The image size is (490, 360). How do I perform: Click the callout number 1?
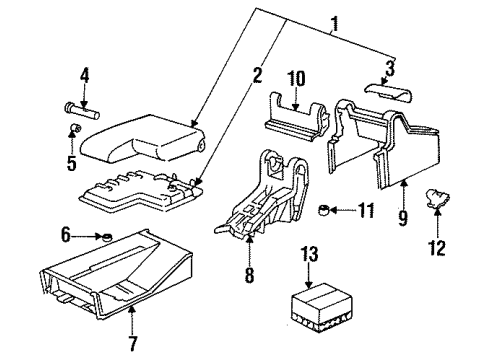(334, 23)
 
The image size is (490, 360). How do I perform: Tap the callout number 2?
(257, 75)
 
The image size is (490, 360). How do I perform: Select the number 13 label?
(310, 254)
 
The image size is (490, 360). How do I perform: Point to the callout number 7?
(133, 343)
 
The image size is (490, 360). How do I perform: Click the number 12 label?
(437, 248)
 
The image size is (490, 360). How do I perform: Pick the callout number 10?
(296, 79)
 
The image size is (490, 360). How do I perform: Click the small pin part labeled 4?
(82, 111)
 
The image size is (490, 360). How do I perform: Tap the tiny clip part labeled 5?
(76, 127)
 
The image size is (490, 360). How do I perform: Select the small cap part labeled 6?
(107, 237)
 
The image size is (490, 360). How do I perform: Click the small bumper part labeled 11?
(324, 210)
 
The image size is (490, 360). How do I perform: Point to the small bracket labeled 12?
(437, 198)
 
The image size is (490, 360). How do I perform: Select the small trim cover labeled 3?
(388, 92)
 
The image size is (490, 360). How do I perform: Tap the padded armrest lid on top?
(143, 139)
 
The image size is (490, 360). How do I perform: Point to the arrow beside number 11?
(343, 210)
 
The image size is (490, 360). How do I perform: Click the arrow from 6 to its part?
(87, 236)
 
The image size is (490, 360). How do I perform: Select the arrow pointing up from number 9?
(403, 195)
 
